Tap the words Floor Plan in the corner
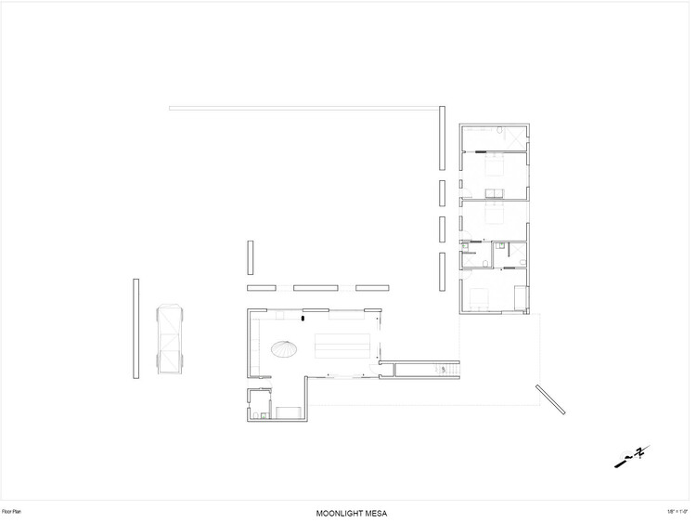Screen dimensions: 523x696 17,510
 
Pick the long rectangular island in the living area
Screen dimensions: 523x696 344,345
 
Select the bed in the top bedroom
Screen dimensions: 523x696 493,167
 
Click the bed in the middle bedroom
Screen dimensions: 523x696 493,213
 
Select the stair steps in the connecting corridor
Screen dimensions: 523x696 442,371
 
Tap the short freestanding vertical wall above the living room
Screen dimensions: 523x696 250,257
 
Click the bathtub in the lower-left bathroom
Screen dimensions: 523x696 287,412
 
